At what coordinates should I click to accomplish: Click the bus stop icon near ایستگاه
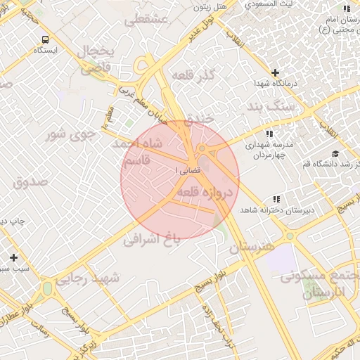(x=46, y=39)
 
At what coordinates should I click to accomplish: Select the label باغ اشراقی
(x=152, y=239)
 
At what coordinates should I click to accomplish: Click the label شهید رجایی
(x=91, y=278)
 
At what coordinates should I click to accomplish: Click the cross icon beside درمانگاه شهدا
(x=275, y=72)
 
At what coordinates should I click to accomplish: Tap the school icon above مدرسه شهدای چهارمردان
(x=269, y=134)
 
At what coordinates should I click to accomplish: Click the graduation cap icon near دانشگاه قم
(x=335, y=154)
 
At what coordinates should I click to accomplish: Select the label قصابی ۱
(x=186, y=171)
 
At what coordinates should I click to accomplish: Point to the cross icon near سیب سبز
(x=13, y=257)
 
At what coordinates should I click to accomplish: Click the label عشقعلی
(x=146, y=20)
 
